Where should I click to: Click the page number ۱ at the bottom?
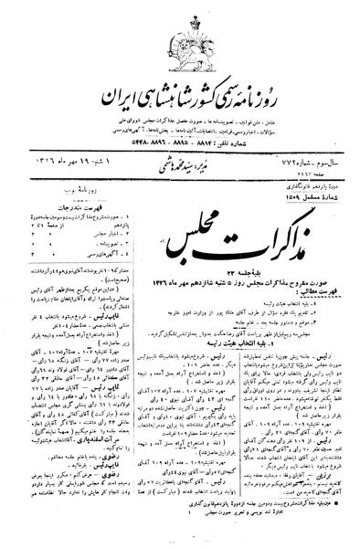(x=179, y=526)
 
